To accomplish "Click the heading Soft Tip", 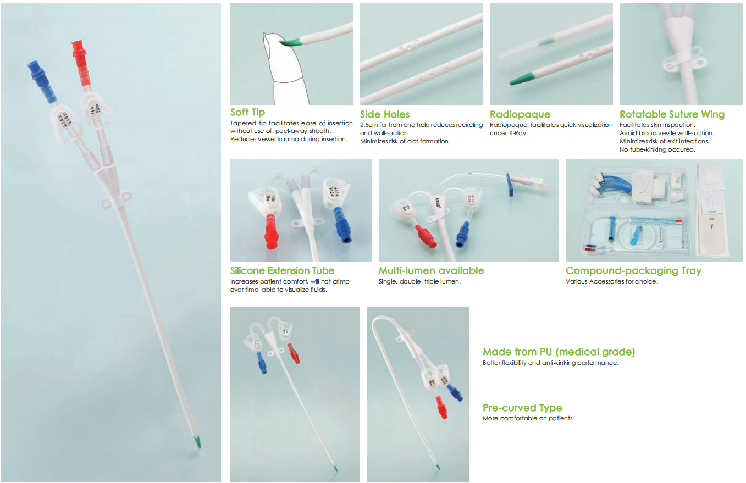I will (247, 113).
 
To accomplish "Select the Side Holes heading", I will (385, 114).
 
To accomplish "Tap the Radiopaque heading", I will (520, 114).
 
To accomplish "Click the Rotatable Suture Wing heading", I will (672, 114).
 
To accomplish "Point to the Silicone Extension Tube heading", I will (282, 270).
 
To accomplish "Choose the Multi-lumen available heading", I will (431, 270).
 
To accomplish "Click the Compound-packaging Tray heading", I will (633, 270).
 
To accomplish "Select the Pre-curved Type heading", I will (522, 408).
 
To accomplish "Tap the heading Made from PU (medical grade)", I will (559, 352).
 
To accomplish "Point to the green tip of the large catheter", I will (197, 441).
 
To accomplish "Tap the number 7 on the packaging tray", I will (711, 226).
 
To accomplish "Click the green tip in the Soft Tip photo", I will (290, 40).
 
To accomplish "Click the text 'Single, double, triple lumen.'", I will (419, 281).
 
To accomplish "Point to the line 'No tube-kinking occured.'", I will (657, 149).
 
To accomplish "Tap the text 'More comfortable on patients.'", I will (528, 418).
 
